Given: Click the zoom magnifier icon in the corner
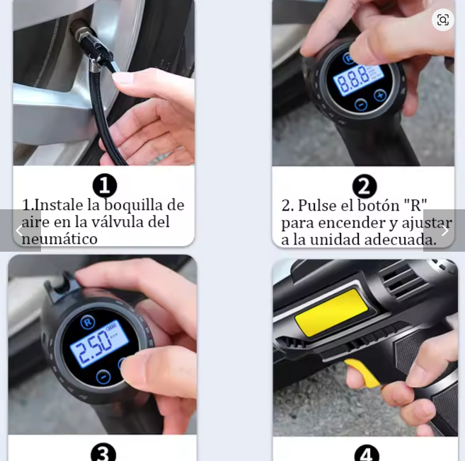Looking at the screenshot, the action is [443, 20].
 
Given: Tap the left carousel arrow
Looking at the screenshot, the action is [20, 230].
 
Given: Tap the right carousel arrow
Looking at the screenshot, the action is [445, 230].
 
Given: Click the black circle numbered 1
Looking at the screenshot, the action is [105, 185].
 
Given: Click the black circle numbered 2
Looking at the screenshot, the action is [364, 187].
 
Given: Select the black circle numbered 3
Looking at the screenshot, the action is [103, 452].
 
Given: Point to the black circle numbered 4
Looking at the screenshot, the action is [367, 453].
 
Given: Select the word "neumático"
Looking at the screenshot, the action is [59, 239].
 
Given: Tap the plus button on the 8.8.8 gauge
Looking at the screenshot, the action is [380, 95].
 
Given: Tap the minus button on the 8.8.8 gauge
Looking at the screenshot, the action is [361, 104].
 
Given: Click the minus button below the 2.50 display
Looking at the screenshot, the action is [103, 377].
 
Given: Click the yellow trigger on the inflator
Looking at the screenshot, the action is [363, 373].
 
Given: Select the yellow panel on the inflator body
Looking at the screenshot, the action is [331, 313].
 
